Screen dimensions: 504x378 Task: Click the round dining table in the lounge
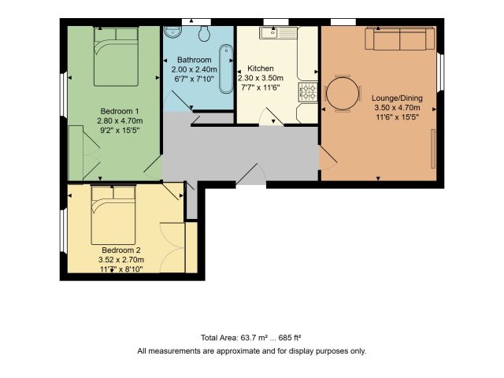pyautogui.click(x=343, y=94)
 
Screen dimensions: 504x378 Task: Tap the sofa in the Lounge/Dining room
pyautogui.click(x=399, y=39)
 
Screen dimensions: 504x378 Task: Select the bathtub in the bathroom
pyautogui.click(x=226, y=69)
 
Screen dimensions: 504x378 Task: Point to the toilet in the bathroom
pyautogui.click(x=205, y=33)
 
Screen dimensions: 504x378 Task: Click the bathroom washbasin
pyautogui.click(x=173, y=31)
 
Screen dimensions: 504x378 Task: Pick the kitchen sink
pyautogui.click(x=278, y=33)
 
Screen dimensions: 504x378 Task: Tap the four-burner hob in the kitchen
pyautogui.click(x=308, y=92)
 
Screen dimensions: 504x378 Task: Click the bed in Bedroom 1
pyautogui.click(x=116, y=57)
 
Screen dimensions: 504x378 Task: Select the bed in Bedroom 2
pyautogui.click(x=113, y=215)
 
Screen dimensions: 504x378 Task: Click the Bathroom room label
pyautogui.click(x=195, y=60)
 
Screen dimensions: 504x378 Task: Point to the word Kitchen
pyautogui.click(x=261, y=69)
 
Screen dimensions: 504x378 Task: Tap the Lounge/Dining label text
pyautogui.click(x=397, y=98)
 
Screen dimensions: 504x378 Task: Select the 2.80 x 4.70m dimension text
pyautogui.click(x=120, y=120)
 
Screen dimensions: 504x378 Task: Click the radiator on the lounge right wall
pyautogui.click(x=433, y=149)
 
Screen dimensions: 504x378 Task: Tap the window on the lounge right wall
pyautogui.click(x=442, y=72)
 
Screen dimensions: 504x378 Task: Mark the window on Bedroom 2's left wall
pyautogui.click(x=64, y=231)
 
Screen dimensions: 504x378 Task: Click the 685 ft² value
pyautogui.click(x=290, y=338)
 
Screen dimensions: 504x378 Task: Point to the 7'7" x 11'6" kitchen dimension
pyautogui.click(x=261, y=87)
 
